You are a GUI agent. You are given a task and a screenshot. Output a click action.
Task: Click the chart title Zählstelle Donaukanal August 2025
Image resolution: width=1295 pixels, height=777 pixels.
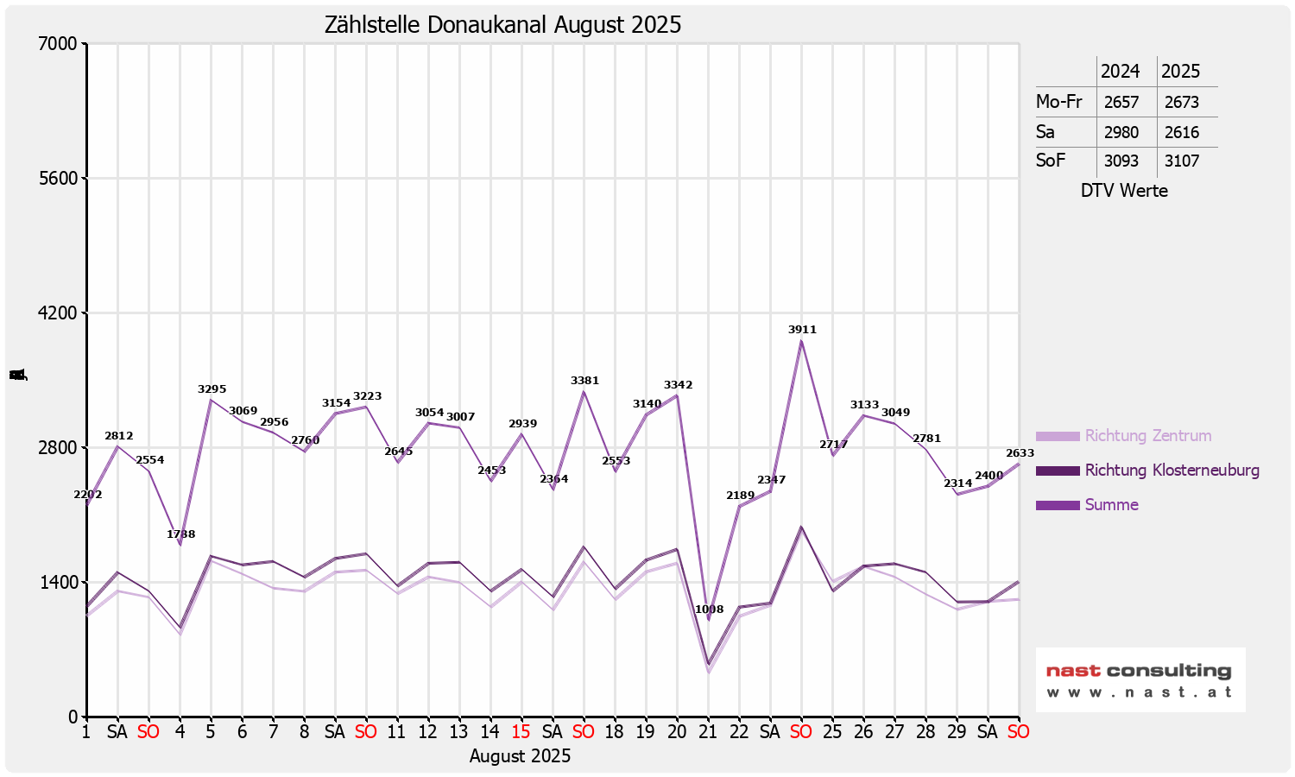point(502,25)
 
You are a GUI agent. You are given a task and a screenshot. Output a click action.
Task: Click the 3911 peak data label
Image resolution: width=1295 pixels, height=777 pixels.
point(802,330)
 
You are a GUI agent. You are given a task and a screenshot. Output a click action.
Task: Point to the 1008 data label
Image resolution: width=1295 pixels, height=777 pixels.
point(709,610)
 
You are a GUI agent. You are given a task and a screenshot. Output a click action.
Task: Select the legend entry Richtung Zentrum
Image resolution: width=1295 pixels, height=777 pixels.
point(1147,436)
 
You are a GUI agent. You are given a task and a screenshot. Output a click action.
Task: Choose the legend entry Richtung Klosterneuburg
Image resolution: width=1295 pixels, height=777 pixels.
point(1172,471)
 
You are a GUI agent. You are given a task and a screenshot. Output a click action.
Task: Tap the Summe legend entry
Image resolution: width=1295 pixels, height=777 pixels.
point(1111,505)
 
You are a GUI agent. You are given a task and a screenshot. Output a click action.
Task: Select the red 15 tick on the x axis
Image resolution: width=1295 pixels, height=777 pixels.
point(521,732)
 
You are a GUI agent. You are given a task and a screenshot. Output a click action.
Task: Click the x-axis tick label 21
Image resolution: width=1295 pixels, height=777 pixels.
point(708,732)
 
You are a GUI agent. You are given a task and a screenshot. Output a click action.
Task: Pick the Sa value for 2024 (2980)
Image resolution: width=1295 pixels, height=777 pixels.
point(1121,132)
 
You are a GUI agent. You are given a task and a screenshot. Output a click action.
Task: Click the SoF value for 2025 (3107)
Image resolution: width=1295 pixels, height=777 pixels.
point(1182,161)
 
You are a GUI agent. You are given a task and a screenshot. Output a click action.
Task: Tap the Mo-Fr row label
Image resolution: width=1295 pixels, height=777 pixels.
point(1058,102)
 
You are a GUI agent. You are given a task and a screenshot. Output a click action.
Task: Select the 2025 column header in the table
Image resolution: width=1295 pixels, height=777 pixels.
point(1180,72)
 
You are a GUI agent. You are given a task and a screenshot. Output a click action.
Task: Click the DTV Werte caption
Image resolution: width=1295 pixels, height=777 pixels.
point(1124,191)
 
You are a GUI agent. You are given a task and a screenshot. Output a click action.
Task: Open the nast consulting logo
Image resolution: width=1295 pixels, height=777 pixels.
point(1140,679)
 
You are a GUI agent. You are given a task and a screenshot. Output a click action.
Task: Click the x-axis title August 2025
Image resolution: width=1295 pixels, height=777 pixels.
point(520,756)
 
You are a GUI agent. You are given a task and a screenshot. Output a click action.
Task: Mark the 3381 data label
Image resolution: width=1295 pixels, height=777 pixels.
point(584,381)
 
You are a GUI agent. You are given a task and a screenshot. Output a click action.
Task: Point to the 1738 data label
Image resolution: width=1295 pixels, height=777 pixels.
point(180,534)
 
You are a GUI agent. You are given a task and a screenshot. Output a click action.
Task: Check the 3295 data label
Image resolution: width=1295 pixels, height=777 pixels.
point(212,389)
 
